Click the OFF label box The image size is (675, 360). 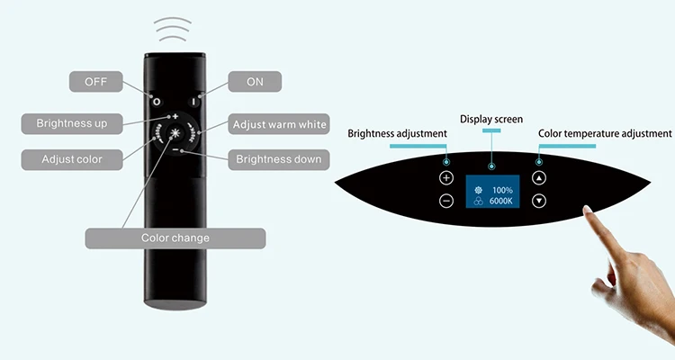point(96,82)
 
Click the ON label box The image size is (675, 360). point(255,82)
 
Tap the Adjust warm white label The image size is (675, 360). point(279,122)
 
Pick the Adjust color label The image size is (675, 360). point(71,159)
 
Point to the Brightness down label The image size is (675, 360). point(278,159)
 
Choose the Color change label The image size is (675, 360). point(175,238)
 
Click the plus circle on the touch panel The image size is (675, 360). point(446,178)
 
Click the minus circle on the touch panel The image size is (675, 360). point(446,201)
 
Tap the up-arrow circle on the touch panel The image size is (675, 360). point(538,178)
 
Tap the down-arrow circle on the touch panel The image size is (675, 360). point(538,201)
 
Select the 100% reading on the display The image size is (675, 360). point(501,190)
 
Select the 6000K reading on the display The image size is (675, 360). point(501,202)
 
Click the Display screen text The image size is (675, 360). point(491,119)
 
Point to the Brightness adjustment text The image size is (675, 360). point(397,133)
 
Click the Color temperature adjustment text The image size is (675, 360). point(605,133)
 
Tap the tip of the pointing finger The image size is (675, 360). point(588,211)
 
